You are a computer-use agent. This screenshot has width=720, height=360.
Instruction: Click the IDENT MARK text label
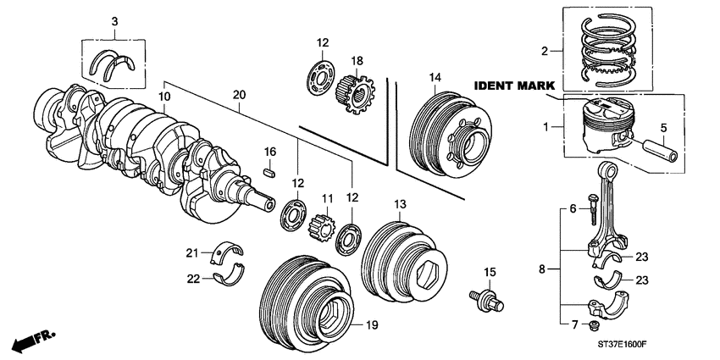(514, 86)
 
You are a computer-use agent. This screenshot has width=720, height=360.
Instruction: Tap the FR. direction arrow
(32, 341)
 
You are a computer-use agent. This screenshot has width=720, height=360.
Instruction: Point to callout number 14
(435, 78)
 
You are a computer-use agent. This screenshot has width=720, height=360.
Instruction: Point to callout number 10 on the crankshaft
(163, 98)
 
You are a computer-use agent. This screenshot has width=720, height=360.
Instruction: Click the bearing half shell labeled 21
(229, 251)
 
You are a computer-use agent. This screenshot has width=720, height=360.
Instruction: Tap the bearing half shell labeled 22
(230, 277)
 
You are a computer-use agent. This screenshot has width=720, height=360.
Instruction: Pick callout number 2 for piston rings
(546, 51)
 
